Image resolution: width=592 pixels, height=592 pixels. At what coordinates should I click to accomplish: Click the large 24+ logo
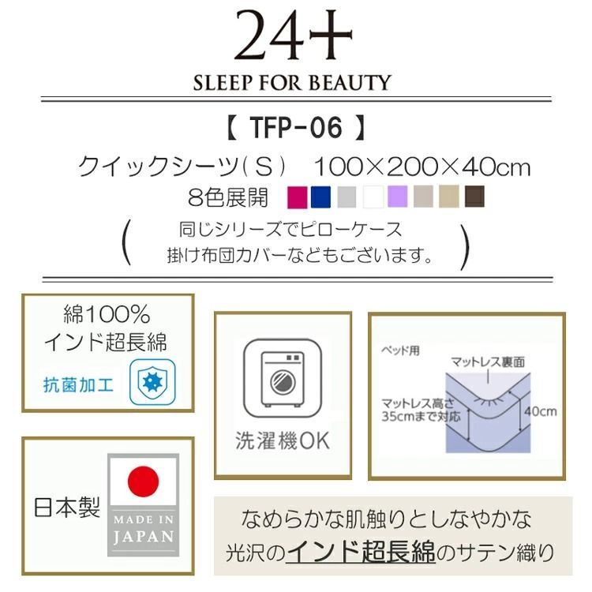pyautogui.click(x=293, y=37)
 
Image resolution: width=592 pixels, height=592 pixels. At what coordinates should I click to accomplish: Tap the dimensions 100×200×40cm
pyautogui.click(x=422, y=167)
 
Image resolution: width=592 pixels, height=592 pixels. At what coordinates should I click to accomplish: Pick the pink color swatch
pyautogui.click(x=298, y=196)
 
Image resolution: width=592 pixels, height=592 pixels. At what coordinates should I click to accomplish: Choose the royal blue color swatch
pyautogui.click(x=320, y=196)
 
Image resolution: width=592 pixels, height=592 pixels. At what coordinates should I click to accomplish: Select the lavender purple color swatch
pyautogui.click(x=398, y=196)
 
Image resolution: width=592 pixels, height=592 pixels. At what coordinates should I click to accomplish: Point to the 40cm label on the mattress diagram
pyautogui.click(x=538, y=411)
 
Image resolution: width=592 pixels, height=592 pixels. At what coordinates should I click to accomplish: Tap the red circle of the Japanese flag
pyautogui.click(x=143, y=480)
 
